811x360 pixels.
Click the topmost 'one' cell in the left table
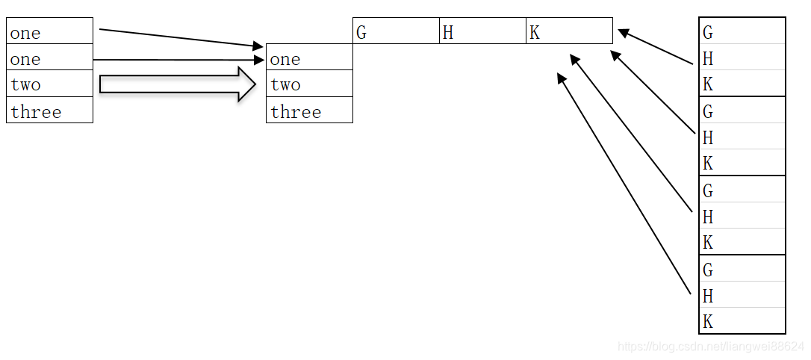coord(49,31)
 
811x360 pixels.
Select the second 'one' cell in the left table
coord(49,58)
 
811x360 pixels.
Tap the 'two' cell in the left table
coord(49,84)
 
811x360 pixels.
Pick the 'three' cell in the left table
coord(49,111)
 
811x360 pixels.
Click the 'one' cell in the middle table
coord(309,58)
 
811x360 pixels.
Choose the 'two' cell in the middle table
coord(309,84)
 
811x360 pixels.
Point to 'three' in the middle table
coord(309,111)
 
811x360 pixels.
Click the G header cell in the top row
coord(396,31)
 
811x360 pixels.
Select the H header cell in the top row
coord(482,31)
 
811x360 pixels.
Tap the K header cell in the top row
coord(569,31)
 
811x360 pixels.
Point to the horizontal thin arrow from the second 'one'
coord(179,60)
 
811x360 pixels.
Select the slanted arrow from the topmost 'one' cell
coord(179,38)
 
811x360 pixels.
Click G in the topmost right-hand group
coord(742,31)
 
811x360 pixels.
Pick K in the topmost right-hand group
coord(742,84)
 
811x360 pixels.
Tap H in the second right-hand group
coord(742,137)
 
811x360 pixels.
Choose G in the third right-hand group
coord(742,190)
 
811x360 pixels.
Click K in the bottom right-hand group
coord(742,321)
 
